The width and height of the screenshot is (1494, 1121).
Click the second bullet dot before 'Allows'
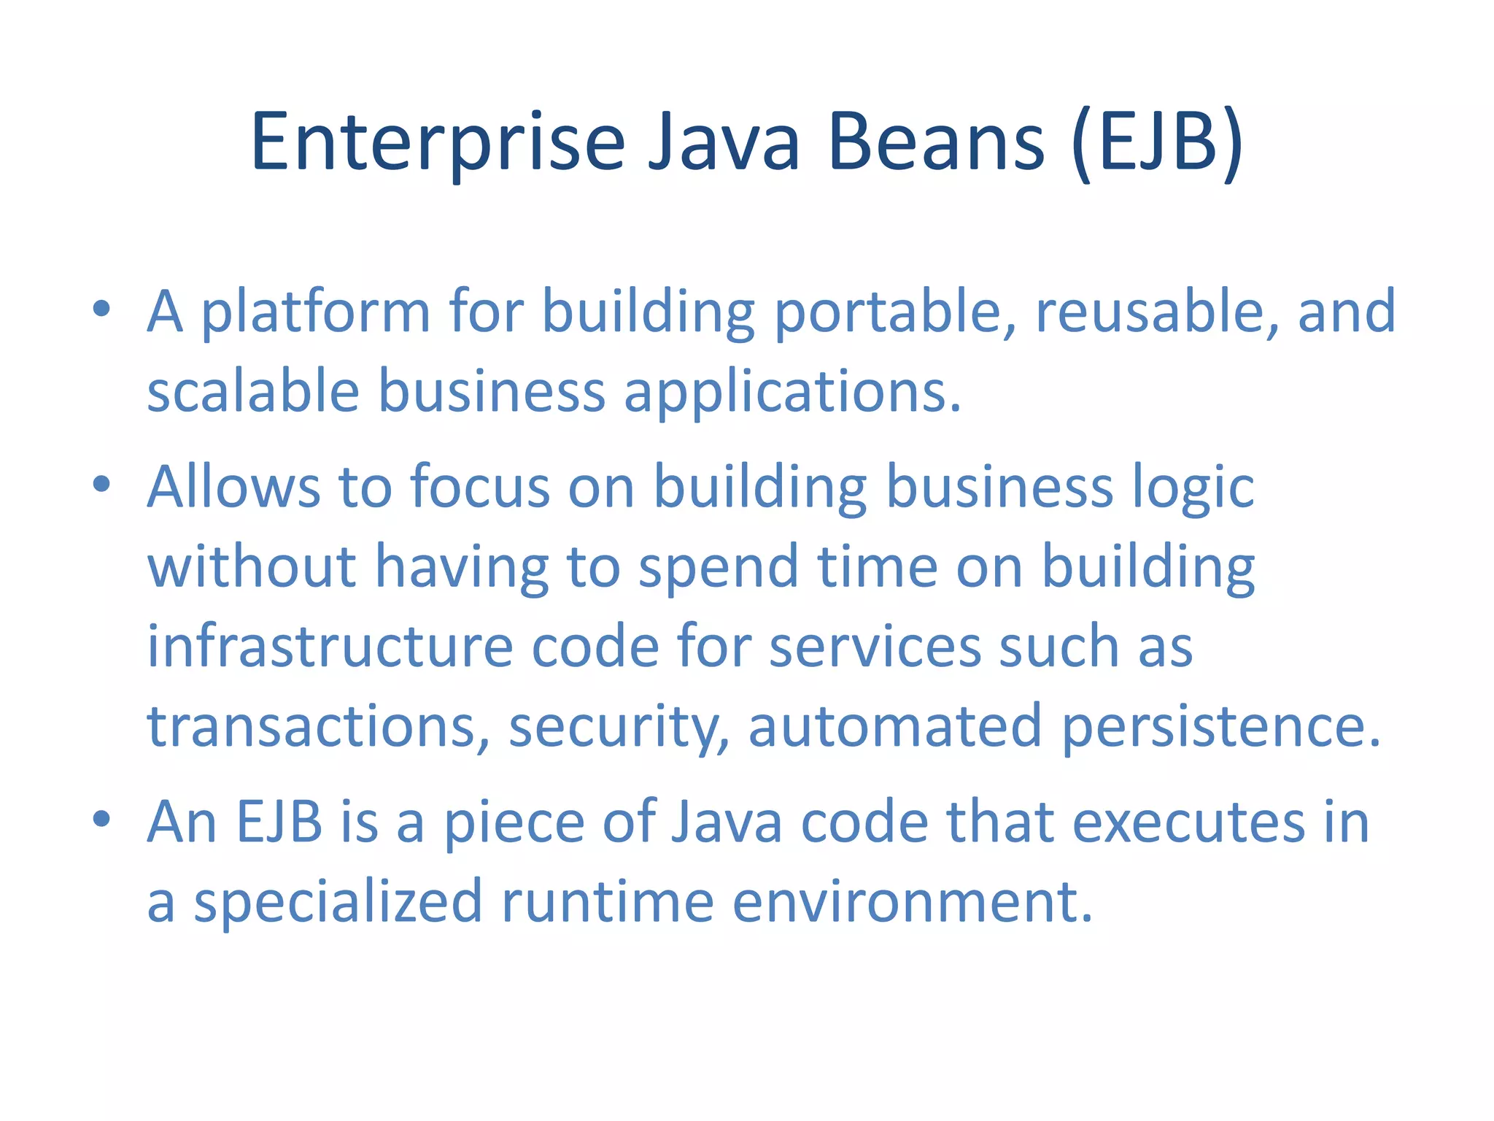click(x=101, y=484)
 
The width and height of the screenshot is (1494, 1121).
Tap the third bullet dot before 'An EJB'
click(x=101, y=819)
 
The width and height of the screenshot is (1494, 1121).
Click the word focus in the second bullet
click(x=479, y=488)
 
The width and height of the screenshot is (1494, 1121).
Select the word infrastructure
click(x=330, y=647)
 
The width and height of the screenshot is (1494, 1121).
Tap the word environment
click(x=912, y=902)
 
